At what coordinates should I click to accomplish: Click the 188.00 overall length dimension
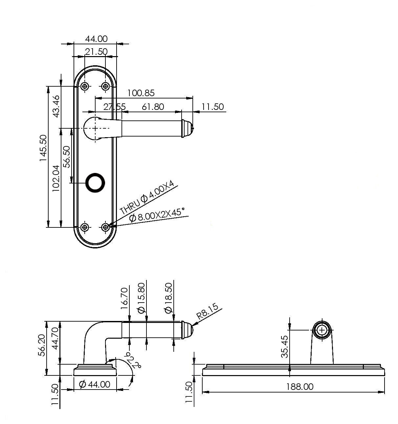click(x=299, y=387)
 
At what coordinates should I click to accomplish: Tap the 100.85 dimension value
click(x=141, y=93)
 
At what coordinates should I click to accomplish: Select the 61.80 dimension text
click(x=153, y=107)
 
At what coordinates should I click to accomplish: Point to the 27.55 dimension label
click(x=115, y=107)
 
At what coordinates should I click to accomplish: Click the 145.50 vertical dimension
click(x=43, y=148)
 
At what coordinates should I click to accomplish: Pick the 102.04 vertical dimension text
click(x=56, y=178)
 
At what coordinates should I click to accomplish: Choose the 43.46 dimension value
click(x=56, y=106)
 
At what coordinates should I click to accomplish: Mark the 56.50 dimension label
click(x=67, y=157)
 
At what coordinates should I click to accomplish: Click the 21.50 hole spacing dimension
click(x=96, y=52)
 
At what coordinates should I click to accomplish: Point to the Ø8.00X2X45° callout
click(x=157, y=215)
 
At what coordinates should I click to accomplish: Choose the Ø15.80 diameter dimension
click(x=141, y=298)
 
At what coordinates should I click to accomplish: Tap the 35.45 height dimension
click(x=285, y=347)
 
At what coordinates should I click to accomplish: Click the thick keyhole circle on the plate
click(x=95, y=183)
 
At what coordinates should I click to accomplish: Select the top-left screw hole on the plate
click(x=85, y=86)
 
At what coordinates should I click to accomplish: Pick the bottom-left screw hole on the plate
click(x=85, y=227)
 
